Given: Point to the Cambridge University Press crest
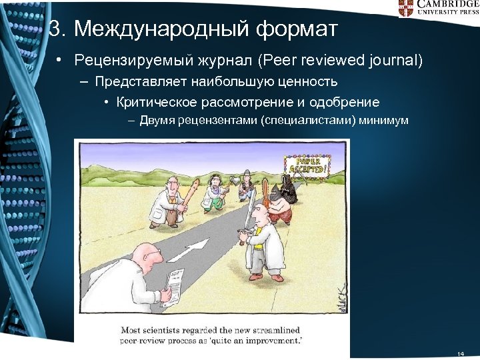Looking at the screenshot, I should (406, 8).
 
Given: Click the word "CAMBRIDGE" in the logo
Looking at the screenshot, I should (447, 4).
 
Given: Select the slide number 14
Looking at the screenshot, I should (460, 353).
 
